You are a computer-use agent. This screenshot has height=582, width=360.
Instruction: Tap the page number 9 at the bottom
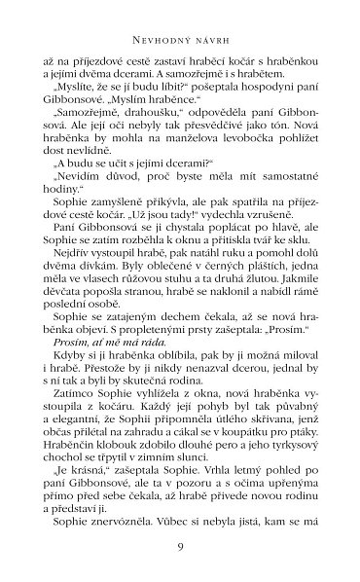click(x=180, y=548)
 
